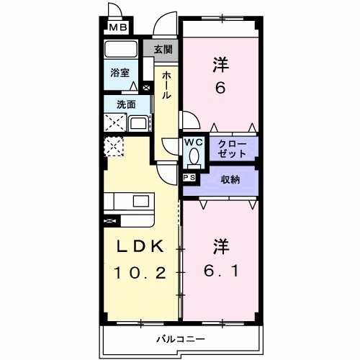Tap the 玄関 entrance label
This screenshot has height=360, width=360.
pyautogui.click(x=163, y=50)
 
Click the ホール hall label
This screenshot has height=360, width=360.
pyautogui.click(x=166, y=84)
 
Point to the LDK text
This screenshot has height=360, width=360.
pyautogui.click(x=140, y=246)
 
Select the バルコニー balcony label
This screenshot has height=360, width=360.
pyautogui.click(x=180, y=338)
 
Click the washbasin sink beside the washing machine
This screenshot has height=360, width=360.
pyautogui.click(x=138, y=122)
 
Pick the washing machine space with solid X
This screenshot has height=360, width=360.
pyautogui.click(x=114, y=122)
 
